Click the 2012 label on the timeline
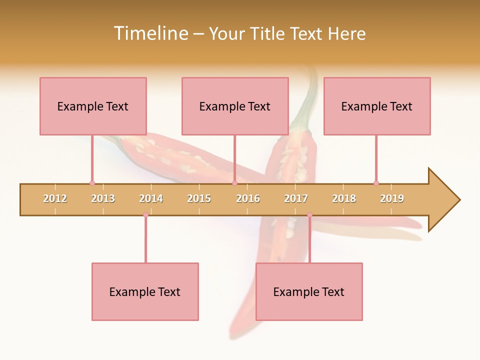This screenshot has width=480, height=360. pyautogui.click(x=55, y=198)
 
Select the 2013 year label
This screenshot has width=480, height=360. pyautogui.click(x=103, y=198)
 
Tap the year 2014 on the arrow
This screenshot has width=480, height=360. pyautogui.click(x=151, y=198)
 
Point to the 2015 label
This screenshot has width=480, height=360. pyautogui.click(x=199, y=198)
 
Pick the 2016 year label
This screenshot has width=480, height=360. pyautogui.click(x=248, y=198)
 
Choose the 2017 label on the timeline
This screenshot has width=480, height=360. pyautogui.click(x=296, y=198)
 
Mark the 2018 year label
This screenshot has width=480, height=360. pyautogui.click(x=344, y=198)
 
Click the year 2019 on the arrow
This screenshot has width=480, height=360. pyautogui.click(x=392, y=198)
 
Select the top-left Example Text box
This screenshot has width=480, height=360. pyautogui.click(x=93, y=106)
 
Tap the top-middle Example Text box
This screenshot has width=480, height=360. pyautogui.click(x=235, y=106)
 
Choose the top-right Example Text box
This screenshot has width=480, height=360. pyautogui.click(x=377, y=106)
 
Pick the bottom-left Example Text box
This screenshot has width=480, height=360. pyautogui.click(x=145, y=291)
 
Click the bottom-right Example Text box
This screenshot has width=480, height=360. pyautogui.click(x=309, y=291)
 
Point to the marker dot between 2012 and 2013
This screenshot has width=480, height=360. pyautogui.click(x=92, y=183)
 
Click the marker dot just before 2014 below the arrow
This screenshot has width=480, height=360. pyautogui.click(x=145, y=215)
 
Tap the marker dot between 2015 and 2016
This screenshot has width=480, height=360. pyautogui.click(x=234, y=183)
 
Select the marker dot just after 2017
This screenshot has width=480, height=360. pyautogui.click(x=309, y=215)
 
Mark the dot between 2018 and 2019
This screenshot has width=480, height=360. pyautogui.click(x=376, y=183)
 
